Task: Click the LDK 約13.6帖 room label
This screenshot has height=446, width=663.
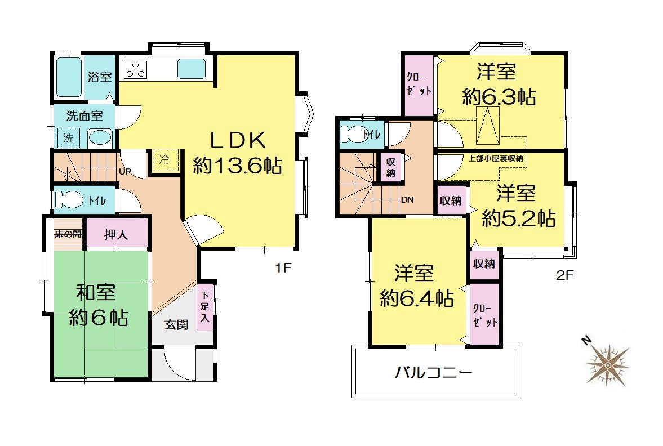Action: click(x=237, y=153)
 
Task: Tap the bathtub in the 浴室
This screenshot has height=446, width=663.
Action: click(x=69, y=77)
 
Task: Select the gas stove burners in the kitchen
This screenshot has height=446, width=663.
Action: click(x=135, y=70)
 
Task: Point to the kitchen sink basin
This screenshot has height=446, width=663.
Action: click(x=192, y=69)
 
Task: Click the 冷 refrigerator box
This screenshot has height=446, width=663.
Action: click(x=165, y=160)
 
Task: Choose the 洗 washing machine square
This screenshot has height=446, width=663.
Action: click(x=69, y=137)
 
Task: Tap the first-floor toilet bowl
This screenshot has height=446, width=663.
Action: click(x=69, y=199)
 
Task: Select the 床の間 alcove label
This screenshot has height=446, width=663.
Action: click(x=68, y=234)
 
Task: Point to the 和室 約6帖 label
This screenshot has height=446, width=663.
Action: click(x=98, y=305)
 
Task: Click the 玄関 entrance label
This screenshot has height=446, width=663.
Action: click(x=176, y=325)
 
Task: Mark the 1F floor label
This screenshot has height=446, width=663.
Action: click(x=283, y=267)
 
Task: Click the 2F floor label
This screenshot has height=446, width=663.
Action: click(x=564, y=275)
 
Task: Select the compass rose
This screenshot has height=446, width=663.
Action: click(x=607, y=364)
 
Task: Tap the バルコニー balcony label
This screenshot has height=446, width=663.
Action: click(x=433, y=372)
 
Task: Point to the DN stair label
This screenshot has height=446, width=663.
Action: click(x=407, y=199)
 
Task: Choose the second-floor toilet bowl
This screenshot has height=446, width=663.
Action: click(x=354, y=135)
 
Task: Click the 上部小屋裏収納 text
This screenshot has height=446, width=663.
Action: click(x=496, y=159)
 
